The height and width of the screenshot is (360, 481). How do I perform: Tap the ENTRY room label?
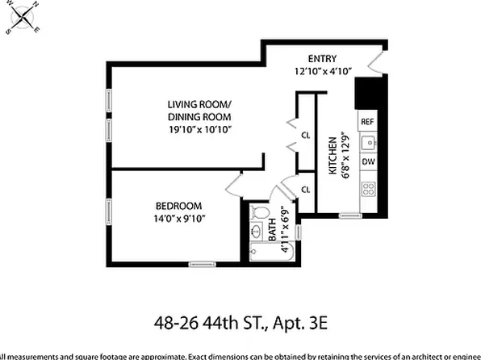pos(321,58)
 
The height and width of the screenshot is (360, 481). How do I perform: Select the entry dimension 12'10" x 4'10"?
pos(321,71)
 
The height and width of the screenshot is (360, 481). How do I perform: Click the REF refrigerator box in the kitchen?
pos(367,121)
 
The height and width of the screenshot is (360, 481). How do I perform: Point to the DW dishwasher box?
pos(367,162)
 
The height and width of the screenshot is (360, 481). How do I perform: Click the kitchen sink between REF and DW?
pos(368,143)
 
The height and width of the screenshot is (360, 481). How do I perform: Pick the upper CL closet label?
pos(306,136)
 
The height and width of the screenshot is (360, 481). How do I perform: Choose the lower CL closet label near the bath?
pos(306,189)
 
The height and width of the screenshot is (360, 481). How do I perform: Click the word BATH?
pos(272,218)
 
